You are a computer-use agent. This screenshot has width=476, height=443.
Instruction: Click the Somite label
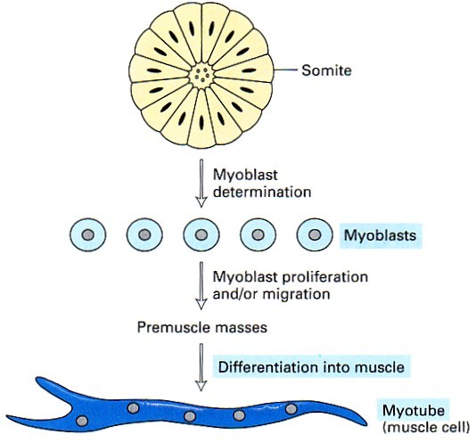[326, 70]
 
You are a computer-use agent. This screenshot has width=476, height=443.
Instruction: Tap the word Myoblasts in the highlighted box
[380, 235]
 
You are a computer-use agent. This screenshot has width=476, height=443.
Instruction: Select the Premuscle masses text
[201, 327]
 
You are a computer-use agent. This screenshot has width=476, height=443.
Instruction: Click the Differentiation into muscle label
[311, 366]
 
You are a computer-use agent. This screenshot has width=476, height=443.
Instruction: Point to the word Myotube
[414, 411]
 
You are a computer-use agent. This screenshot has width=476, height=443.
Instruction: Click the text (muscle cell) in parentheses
[426, 427]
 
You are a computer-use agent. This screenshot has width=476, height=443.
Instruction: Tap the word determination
[262, 192]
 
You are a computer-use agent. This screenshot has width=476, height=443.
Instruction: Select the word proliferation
[324, 277]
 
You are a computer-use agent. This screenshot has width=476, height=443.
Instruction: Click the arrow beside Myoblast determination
[201, 183]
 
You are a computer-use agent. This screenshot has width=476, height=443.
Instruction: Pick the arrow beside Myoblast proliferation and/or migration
[201, 285]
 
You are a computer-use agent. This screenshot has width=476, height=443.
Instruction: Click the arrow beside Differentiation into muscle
[201, 367]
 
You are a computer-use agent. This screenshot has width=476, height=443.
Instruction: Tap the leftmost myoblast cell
[88, 234]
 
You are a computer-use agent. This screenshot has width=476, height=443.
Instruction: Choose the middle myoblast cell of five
[201, 234]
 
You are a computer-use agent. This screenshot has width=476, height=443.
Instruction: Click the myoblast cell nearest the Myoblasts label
[315, 234]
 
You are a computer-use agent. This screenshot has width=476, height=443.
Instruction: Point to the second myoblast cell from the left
[144, 234]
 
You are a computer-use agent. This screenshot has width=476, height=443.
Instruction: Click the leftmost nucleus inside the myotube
[82, 421]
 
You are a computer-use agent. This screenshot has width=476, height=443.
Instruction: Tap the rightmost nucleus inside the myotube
[291, 409]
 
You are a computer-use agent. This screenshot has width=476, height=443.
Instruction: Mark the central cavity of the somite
[201, 74]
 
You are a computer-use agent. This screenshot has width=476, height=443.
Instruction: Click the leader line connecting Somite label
[285, 70]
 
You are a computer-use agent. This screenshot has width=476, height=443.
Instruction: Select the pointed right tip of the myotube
[366, 424]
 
